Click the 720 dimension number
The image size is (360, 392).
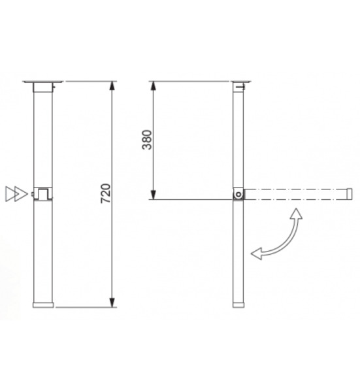[105, 193]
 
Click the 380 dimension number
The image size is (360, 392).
[147, 140]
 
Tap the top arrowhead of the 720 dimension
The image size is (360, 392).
[112, 86]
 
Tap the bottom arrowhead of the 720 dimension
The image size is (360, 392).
[112, 302]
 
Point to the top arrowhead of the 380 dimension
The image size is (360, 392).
[154, 86]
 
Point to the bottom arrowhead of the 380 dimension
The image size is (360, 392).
[154, 195]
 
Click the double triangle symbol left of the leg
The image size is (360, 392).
[16, 194]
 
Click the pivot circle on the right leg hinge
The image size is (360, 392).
[238, 194]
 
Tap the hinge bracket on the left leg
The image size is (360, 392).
[43, 194]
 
